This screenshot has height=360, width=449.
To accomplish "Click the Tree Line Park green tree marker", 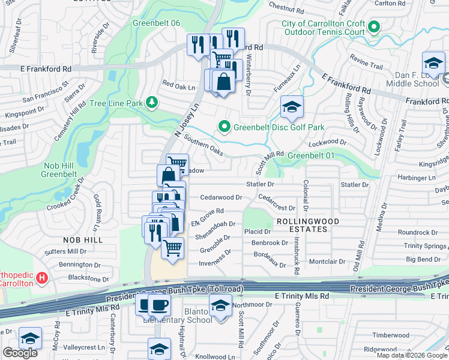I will (x=152, y=103).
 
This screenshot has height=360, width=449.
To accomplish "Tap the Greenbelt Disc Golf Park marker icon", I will (x=224, y=127).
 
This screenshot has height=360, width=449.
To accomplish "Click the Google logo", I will (x=20, y=352).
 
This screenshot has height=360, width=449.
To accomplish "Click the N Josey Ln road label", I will (x=186, y=121).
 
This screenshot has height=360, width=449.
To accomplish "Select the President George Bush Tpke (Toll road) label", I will (x=175, y=294).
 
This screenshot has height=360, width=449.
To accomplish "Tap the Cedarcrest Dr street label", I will (x=277, y=203).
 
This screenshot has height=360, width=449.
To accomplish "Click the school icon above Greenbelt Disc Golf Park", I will (x=292, y=107).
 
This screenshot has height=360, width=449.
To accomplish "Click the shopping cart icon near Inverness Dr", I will (x=173, y=247).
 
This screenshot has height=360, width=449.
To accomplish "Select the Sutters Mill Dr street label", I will (x=68, y=251).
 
